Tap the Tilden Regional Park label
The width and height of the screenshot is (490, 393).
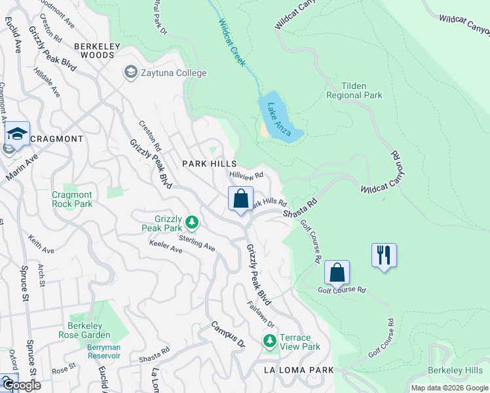coord(354,90)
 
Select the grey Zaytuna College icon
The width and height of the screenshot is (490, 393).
coord(130,73)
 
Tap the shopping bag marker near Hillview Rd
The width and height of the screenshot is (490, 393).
coord(240,198)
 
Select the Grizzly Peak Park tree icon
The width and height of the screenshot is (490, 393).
coord(191,223)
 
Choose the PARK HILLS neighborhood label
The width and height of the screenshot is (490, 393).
coord(209,163)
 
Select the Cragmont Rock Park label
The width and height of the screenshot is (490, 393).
coord(72,199)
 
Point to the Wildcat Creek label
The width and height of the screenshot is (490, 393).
coord(233,43)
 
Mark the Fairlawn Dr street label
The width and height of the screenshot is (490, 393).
coord(261,314)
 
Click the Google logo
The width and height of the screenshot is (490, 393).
coord(21,385)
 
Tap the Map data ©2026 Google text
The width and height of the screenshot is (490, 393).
coord(449,388)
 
